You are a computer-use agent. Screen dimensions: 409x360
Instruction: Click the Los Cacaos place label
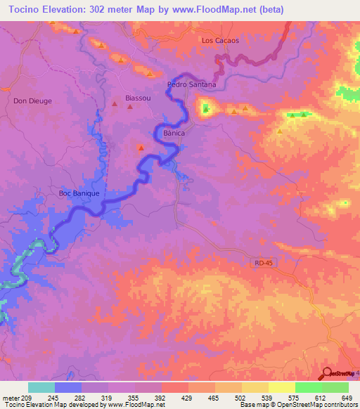(220, 40)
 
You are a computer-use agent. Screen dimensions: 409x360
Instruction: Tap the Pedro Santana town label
(191, 84)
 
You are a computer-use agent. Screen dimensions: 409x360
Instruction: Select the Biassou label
(138, 98)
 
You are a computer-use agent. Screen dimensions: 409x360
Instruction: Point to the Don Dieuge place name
(32, 100)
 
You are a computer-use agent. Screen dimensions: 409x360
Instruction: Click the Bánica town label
(174, 132)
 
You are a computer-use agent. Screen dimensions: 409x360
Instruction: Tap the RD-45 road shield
(260, 262)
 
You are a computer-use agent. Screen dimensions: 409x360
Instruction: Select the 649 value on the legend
(345, 397)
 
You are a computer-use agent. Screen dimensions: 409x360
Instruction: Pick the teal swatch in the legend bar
(41, 387)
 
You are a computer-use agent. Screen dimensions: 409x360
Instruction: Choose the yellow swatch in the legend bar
(282, 387)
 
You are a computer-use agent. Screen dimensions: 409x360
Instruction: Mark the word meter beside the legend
(11, 397)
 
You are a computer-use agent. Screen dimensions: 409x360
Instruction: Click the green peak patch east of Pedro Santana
(206, 108)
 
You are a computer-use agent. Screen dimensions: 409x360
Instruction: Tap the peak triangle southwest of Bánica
(141, 148)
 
